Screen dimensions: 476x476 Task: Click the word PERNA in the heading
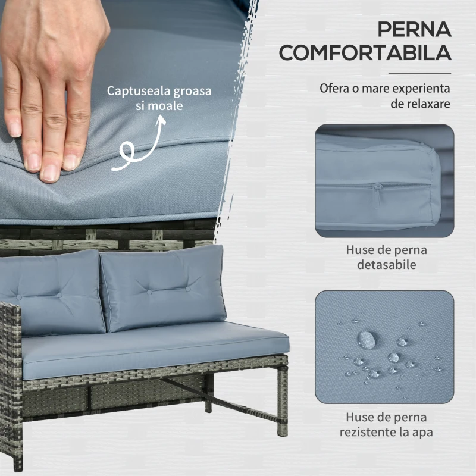[414, 29]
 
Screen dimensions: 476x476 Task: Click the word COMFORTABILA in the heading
[365, 52]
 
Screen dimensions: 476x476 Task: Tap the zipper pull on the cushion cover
[377, 195]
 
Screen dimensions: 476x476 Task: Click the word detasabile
[386, 264]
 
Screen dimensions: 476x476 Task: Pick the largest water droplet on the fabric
[366, 339]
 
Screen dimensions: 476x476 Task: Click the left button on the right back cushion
[149, 292]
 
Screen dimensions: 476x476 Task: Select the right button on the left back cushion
[59, 295]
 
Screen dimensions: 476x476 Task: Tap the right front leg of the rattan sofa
[283, 401]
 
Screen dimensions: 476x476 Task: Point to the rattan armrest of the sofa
[11, 386]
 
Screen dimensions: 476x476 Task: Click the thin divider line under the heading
[420, 73]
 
